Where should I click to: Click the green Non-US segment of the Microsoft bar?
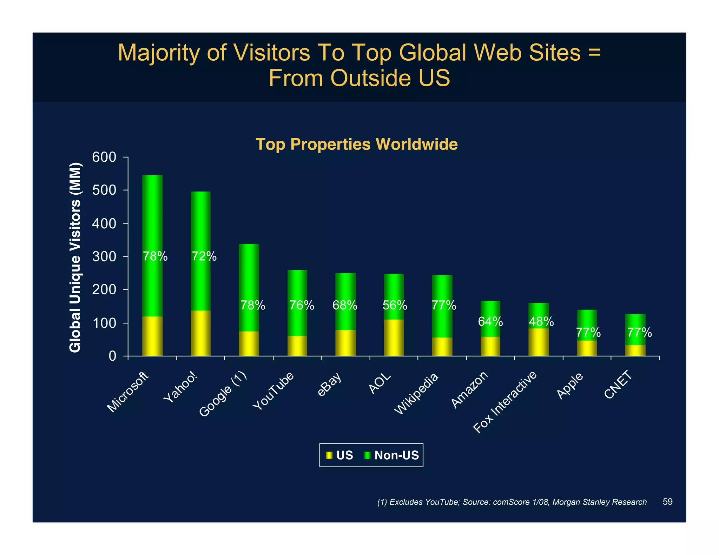pos(152,218)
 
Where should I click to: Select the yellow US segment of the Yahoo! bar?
pos(200,333)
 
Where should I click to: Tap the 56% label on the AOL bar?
pos(395,306)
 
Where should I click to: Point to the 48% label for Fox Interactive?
pos(541,321)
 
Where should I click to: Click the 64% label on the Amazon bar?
pos(490,321)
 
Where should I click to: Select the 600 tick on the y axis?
pos(104,158)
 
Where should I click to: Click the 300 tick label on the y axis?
pos(104,257)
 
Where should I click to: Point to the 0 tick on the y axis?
pos(112,356)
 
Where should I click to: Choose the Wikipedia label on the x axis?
pos(416,394)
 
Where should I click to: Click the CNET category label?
pos(618,385)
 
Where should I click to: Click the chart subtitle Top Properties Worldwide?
pos(356,144)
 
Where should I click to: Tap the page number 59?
pos(667,502)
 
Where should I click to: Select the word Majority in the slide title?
pos(160,53)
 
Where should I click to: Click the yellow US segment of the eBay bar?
pos(345,343)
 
